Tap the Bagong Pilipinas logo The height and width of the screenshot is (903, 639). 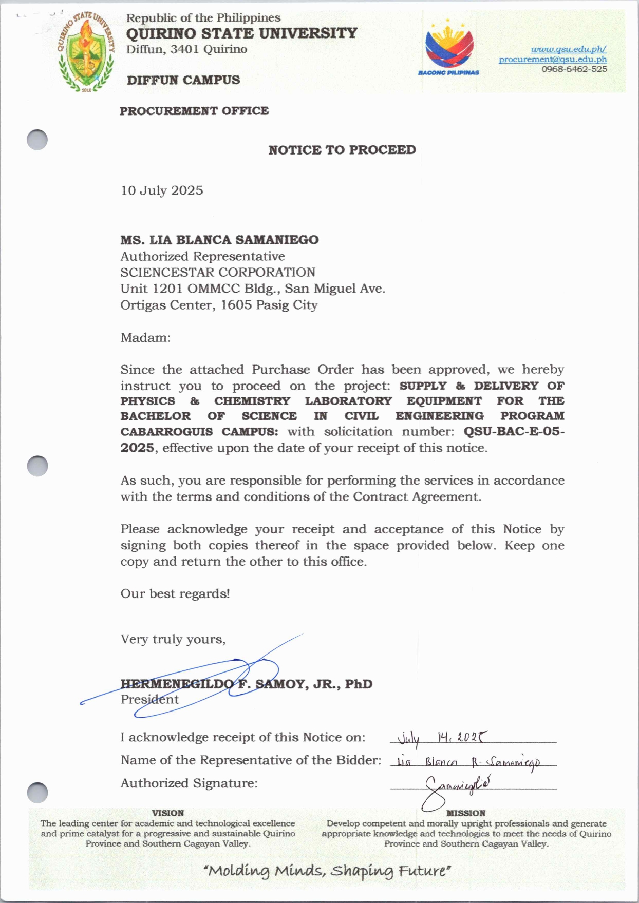pyautogui.click(x=449, y=49)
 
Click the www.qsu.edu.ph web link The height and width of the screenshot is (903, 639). pyautogui.click(x=568, y=49)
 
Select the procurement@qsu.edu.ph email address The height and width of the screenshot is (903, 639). pyautogui.click(x=553, y=60)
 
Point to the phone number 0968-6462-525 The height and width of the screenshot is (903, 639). pyautogui.click(x=574, y=69)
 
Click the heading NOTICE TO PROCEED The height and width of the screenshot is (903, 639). pyautogui.click(x=342, y=150)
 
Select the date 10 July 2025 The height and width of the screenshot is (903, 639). pyautogui.click(x=162, y=190)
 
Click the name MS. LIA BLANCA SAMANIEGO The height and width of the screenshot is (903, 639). pyautogui.click(x=219, y=240)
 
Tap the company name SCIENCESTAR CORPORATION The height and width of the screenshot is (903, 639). pyautogui.click(x=218, y=272)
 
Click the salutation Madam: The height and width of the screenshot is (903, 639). pyautogui.click(x=145, y=337)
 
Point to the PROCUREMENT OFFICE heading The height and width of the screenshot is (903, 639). pyautogui.click(x=194, y=111)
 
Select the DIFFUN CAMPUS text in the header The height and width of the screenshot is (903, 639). pyautogui.click(x=183, y=80)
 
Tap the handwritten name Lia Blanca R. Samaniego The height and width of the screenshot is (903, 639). pyautogui.click(x=468, y=762)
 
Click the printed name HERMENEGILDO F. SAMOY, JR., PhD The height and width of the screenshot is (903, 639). pyautogui.click(x=247, y=684)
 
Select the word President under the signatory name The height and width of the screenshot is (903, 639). pyautogui.click(x=149, y=699)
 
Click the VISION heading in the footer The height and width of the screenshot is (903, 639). pyautogui.click(x=167, y=813)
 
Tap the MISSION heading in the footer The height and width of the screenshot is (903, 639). pyautogui.click(x=466, y=813)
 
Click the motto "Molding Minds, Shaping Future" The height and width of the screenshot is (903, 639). pyautogui.click(x=327, y=871)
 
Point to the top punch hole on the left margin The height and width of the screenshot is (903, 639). pyautogui.click(x=37, y=140)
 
